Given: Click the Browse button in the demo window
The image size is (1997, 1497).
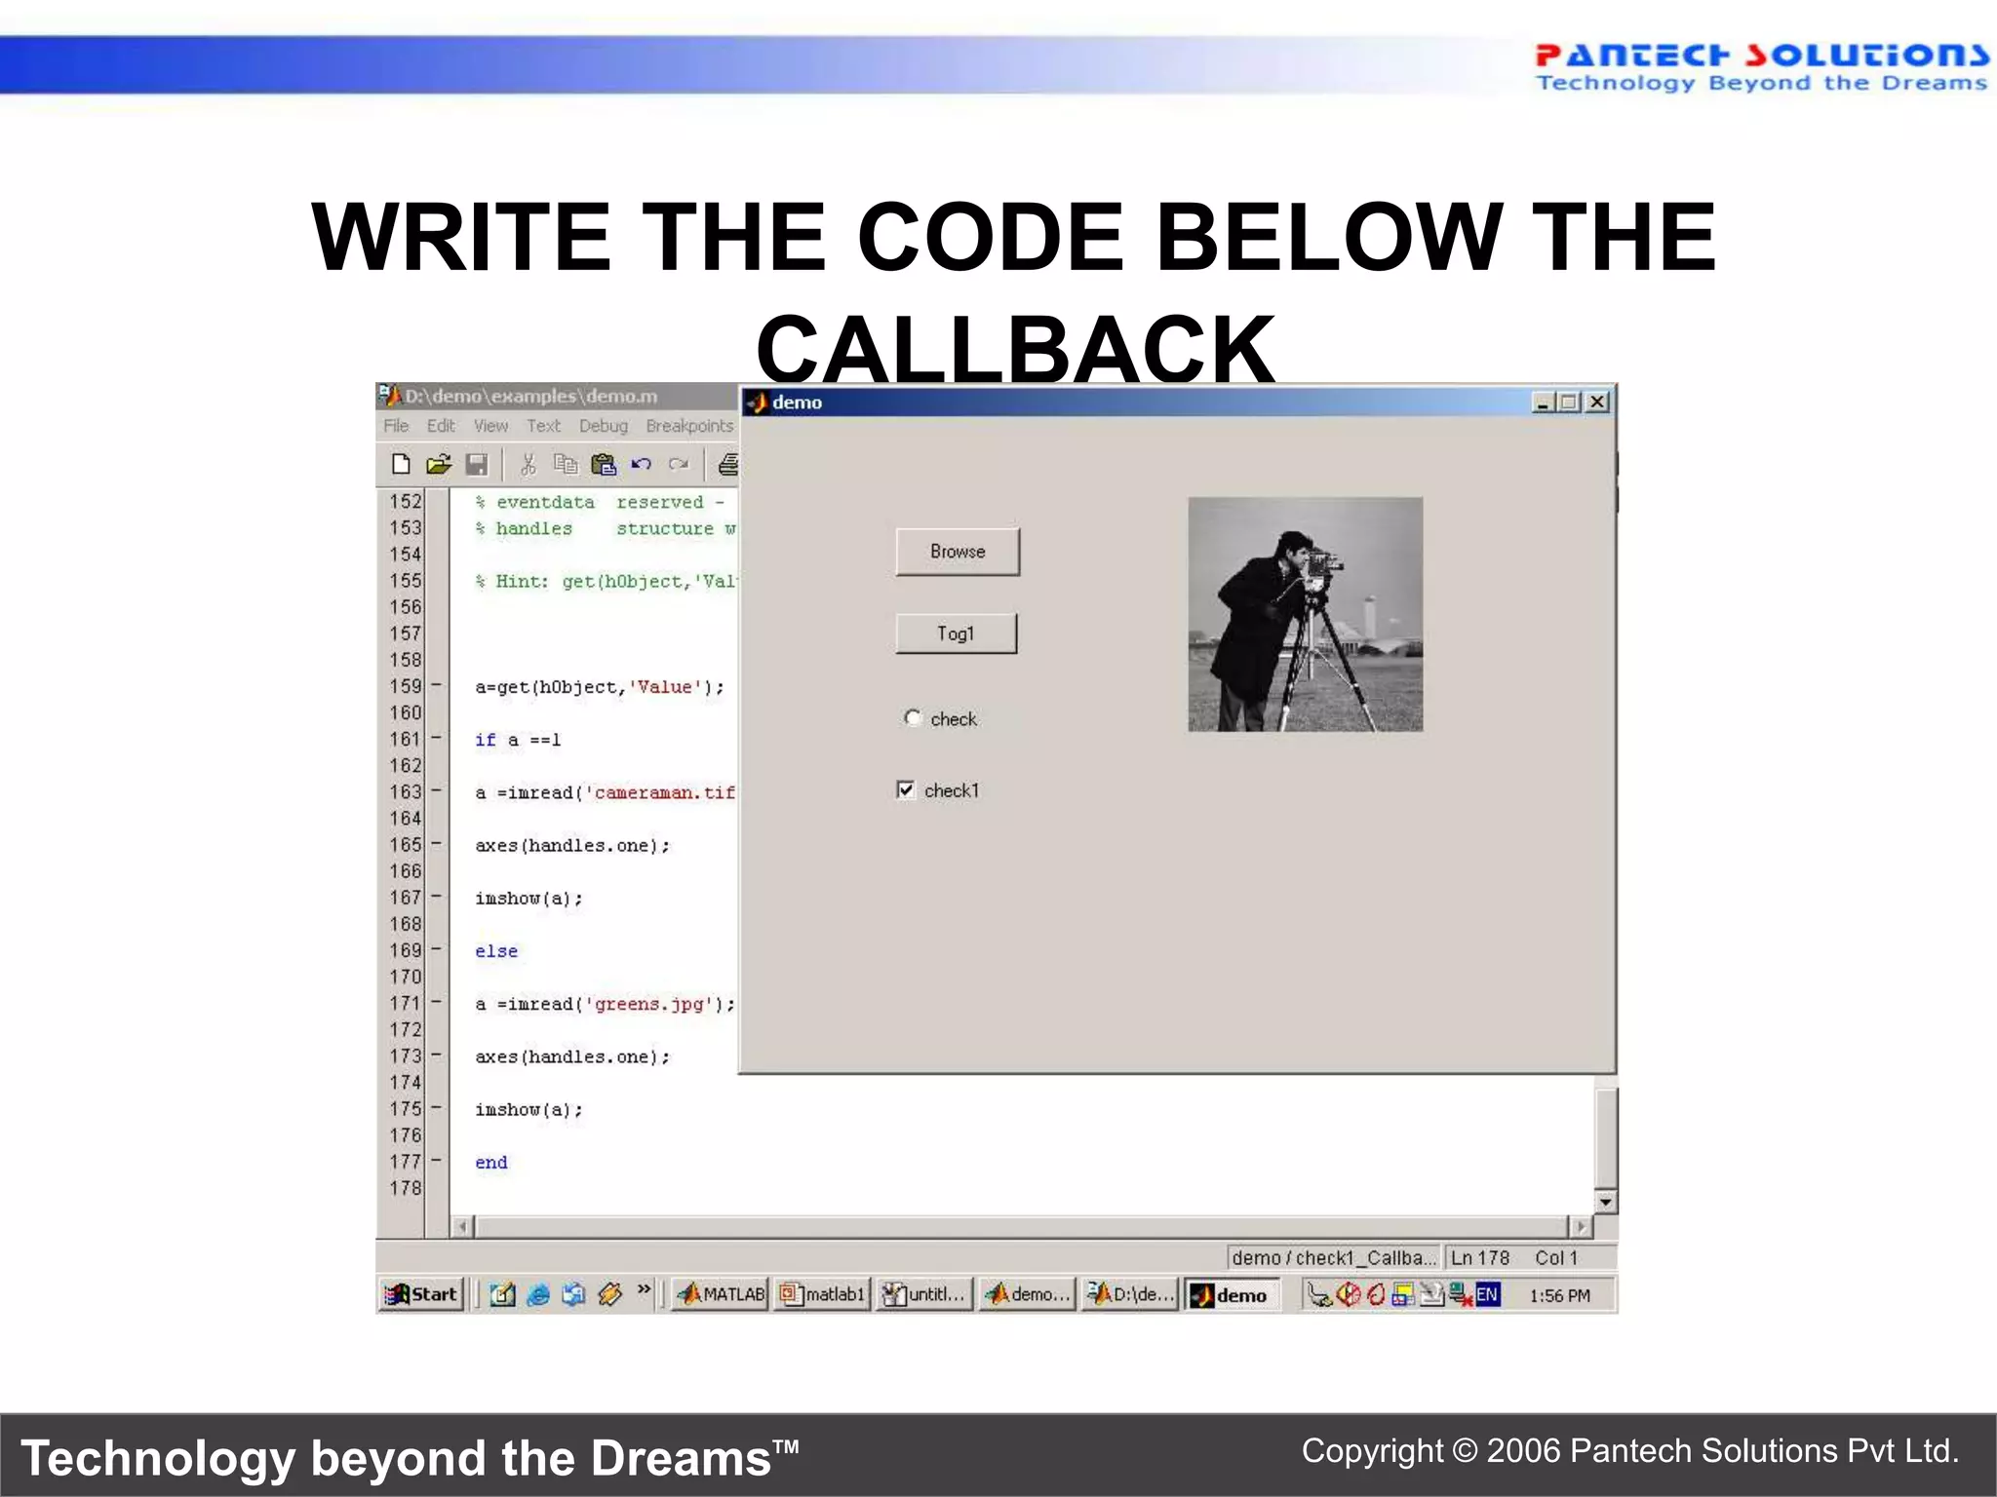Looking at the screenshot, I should pos(958,552).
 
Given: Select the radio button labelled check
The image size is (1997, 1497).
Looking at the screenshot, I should pos(913,718).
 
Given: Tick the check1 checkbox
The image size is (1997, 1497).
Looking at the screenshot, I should pos(907,789).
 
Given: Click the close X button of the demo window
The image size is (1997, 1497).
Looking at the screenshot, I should pos(1597,402).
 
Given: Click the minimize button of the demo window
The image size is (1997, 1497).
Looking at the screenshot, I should pos(1543,402).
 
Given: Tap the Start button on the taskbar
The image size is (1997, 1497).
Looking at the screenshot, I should pos(421,1294).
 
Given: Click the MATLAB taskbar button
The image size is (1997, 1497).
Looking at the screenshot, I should pos(722,1294).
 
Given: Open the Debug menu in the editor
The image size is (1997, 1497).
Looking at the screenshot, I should pos(604,426).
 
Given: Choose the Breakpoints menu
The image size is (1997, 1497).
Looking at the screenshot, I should pos(689,426).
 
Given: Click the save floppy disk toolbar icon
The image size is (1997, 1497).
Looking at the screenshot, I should pos(477,465).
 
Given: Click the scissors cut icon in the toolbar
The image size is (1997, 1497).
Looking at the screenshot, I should pos(529,465).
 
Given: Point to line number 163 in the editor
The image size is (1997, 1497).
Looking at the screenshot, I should pos(406,792).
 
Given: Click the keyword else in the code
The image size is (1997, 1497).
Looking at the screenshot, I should pos(496,951).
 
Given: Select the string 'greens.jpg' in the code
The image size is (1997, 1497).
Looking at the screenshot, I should pos(650,1004).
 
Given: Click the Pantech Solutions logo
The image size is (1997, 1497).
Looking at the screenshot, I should pos(1761,66).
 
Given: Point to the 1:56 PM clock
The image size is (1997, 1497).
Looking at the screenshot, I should pos(1559,1295).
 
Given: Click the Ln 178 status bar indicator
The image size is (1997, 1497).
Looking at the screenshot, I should pos(1479,1258).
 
